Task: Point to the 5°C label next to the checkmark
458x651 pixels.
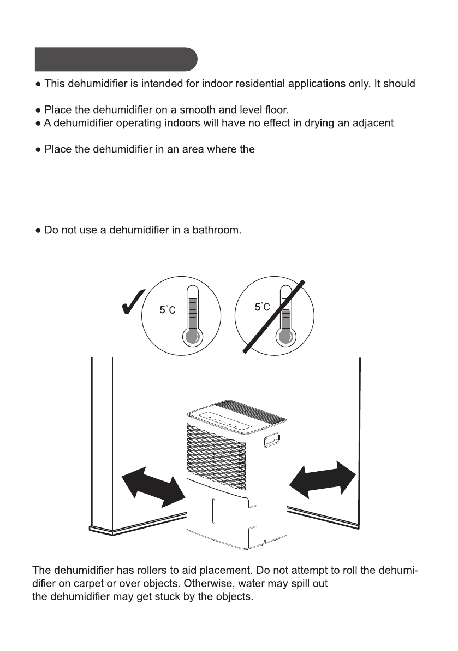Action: point(168,309)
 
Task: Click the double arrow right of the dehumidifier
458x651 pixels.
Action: point(323,479)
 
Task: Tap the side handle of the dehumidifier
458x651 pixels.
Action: point(272,439)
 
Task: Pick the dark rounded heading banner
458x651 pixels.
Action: point(116,59)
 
